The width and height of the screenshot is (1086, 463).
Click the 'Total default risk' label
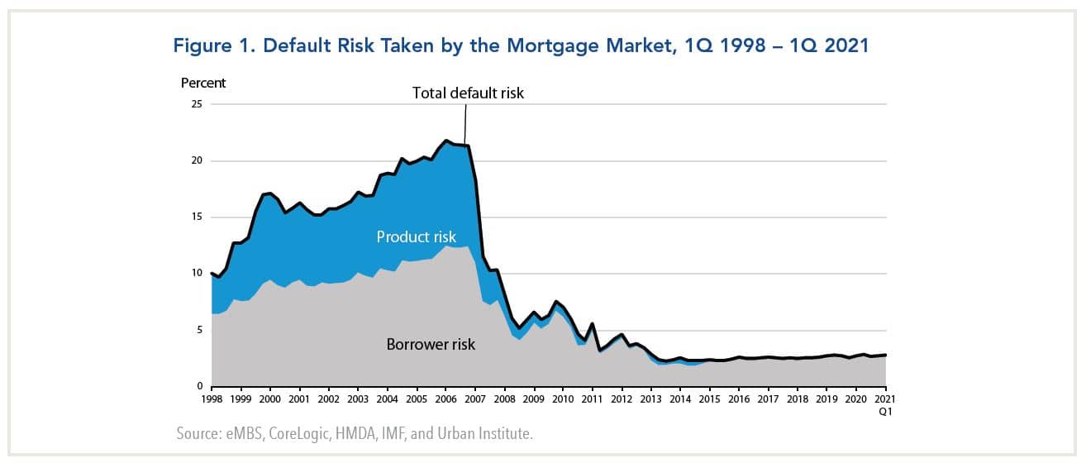468,93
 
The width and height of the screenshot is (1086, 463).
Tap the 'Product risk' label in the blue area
416,236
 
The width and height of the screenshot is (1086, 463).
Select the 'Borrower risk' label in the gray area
431,344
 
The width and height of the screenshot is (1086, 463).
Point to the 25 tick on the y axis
196,104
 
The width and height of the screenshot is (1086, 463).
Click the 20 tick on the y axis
196,160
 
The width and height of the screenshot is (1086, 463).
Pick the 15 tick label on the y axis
196,217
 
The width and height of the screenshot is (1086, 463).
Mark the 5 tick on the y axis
198,330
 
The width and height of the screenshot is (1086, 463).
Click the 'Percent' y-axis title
203,83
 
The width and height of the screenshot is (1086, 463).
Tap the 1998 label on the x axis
212,399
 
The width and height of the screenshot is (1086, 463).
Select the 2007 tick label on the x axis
475,399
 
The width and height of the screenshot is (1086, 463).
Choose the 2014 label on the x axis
680,399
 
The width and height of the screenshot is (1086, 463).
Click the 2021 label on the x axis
885,399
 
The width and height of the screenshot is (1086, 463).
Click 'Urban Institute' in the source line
486,433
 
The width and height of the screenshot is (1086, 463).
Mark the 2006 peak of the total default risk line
446,141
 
